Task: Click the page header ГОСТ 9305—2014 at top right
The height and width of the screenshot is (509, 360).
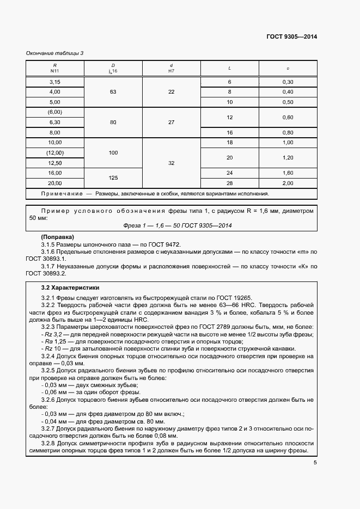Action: [291, 36]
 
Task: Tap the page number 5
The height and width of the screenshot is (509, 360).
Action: [315, 463]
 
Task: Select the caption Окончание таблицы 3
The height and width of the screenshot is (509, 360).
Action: [54, 53]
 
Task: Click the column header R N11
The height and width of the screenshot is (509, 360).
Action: [54, 68]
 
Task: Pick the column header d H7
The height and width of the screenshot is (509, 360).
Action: [171, 68]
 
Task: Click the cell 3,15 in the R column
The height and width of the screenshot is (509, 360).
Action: [54, 82]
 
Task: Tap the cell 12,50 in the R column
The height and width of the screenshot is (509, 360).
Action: [54, 163]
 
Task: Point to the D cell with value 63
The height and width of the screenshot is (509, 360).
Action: [113, 92]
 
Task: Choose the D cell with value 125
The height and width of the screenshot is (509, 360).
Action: [113, 178]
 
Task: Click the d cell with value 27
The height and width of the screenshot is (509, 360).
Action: [171, 122]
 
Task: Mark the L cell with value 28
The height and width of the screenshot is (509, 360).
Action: [229, 183]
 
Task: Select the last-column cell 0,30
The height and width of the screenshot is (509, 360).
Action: [288, 82]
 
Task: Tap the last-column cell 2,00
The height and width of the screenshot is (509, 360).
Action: [288, 183]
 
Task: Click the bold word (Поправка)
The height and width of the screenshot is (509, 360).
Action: [58, 238]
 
